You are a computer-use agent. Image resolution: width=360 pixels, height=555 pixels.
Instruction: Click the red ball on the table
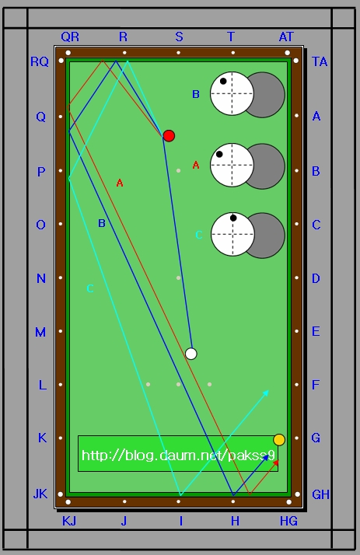coord(169,136)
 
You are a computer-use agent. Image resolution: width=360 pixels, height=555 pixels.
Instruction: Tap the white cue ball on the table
coord(191,354)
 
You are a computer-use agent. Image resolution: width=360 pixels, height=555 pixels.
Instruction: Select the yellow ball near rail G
coord(279,440)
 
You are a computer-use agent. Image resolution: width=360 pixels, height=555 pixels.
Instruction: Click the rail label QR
coord(70,37)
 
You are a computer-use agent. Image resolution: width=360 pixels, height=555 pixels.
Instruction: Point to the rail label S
coord(179,37)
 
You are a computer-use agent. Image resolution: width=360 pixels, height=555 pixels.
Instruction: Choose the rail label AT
coord(286,37)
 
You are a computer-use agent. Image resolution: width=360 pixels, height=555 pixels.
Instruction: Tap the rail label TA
coord(320,61)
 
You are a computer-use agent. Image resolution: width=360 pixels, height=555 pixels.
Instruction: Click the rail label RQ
coord(40,61)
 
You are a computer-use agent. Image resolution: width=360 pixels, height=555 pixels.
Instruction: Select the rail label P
coord(41,172)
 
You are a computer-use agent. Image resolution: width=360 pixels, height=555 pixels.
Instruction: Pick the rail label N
coord(41,278)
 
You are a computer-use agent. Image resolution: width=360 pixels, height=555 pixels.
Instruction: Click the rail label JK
coord(40,494)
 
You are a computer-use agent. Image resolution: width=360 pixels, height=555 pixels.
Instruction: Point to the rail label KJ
coord(69,521)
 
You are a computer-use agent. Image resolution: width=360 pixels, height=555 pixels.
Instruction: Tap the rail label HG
coord(288,521)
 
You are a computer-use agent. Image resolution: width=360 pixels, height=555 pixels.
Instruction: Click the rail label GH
coord(320,494)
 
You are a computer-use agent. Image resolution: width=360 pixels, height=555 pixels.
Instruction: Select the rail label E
coord(316,332)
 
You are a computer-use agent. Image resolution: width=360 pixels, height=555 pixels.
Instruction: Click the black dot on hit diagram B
coord(223,81)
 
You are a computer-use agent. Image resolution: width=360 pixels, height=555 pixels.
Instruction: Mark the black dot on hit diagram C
coord(233,218)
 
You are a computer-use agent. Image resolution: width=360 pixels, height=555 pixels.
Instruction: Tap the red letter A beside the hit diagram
coord(196,165)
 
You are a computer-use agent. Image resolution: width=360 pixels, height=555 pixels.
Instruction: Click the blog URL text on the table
coord(178,456)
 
